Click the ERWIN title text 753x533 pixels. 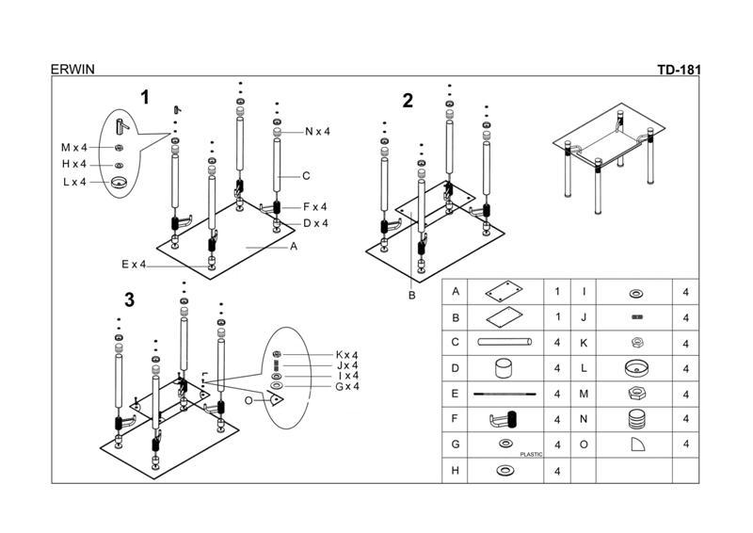click(x=72, y=69)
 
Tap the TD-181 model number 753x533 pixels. click(x=679, y=69)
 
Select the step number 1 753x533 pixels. click(x=145, y=97)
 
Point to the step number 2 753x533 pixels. click(x=408, y=102)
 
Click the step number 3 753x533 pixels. click(x=129, y=300)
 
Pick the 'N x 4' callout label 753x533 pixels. click(x=317, y=132)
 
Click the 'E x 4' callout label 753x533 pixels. click(x=135, y=265)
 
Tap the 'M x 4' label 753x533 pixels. click(x=73, y=148)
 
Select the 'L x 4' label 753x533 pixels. click(x=74, y=182)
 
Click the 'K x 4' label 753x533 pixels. click(x=346, y=355)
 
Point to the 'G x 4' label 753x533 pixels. click(x=346, y=386)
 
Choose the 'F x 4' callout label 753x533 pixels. click(x=314, y=207)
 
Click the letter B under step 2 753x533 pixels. click(x=411, y=295)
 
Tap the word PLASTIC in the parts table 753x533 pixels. click(x=531, y=454)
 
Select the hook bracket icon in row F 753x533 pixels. click(x=506, y=418)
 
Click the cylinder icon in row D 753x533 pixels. click(x=507, y=368)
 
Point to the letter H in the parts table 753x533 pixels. click(x=456, y=470)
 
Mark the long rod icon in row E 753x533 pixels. click(x=505, y=394)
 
